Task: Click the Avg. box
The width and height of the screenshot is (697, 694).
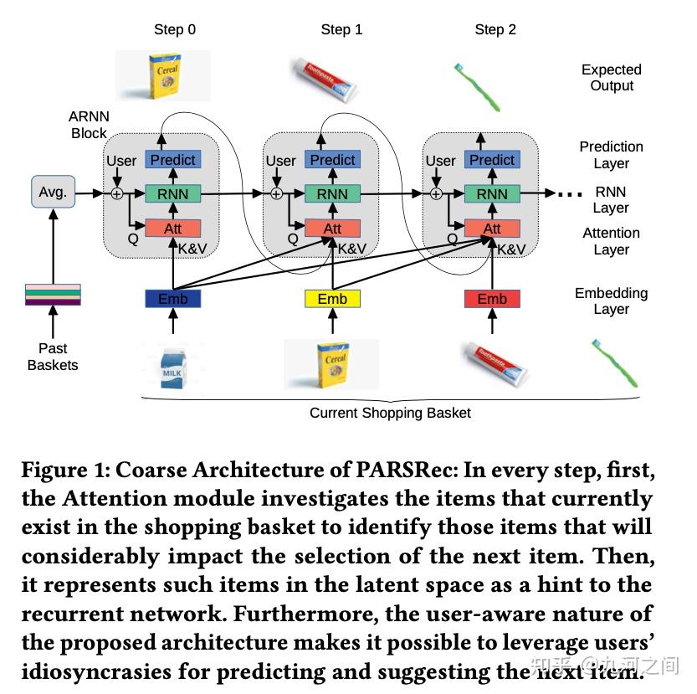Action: point(53,192)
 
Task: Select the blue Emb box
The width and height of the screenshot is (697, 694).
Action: point(173,299)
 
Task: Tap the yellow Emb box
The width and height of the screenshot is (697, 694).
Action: point(332,299)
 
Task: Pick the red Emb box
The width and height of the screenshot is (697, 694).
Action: point(492,299)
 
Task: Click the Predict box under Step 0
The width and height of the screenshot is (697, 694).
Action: point(172,160)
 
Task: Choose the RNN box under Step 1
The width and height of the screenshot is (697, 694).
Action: point(332,194)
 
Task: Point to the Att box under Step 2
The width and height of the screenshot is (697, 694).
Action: point(492,229)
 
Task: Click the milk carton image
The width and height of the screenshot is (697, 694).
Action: point(172,366)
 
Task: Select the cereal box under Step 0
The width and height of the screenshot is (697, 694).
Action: point(164,77)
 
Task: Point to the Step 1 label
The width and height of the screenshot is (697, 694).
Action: point(341,29)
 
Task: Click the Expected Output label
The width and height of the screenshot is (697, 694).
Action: point(612,78)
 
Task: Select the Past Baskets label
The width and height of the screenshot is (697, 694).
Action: point(53,357)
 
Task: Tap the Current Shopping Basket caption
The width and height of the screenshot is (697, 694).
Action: point(390,413)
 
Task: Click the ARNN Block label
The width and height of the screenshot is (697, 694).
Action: point(89,125)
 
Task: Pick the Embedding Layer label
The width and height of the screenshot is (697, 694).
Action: point(611,301)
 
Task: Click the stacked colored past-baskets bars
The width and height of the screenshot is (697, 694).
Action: point(54,296)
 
